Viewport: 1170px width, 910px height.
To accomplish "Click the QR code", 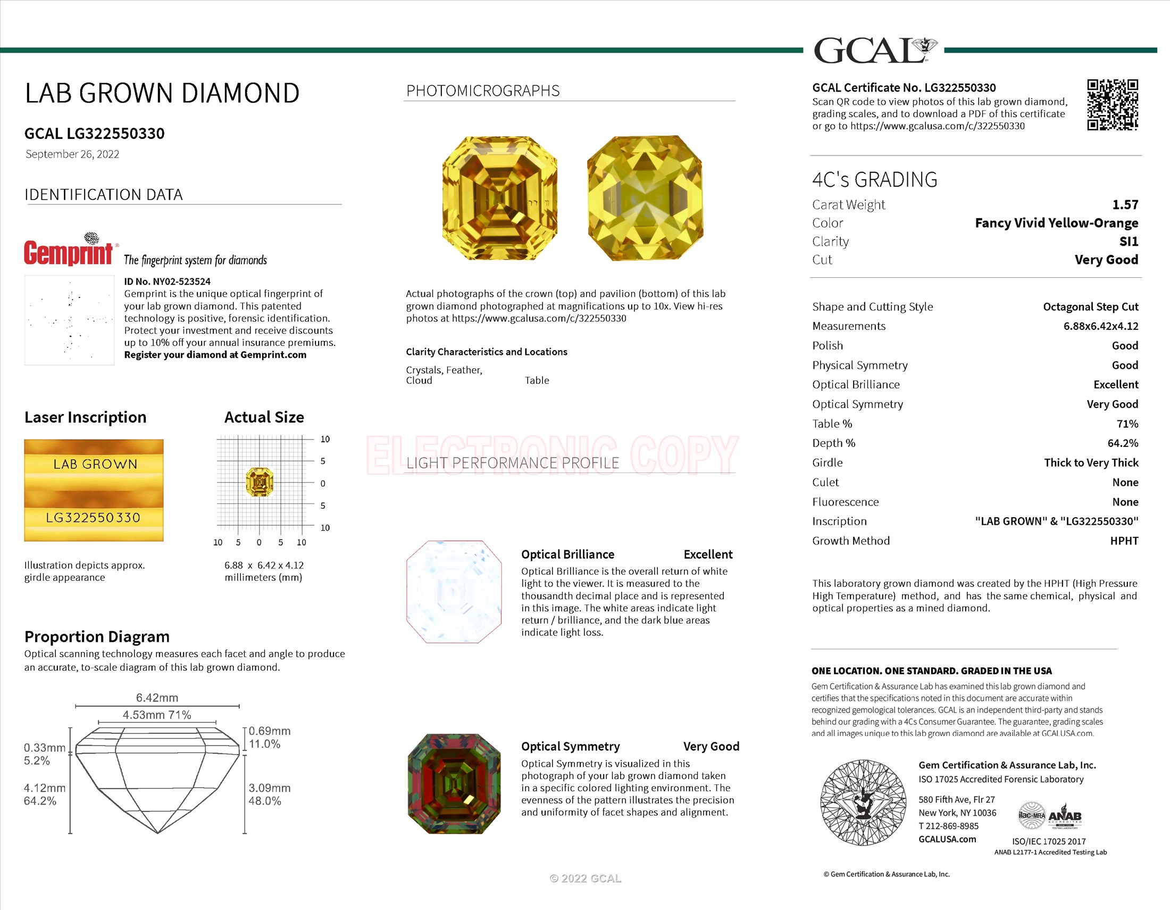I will coord(1112,104).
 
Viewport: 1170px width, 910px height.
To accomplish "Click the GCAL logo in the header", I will coord(874,51).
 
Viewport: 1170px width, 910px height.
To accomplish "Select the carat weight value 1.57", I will coord(1124,205).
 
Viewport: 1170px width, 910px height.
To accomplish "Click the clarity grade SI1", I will coord(1128,241).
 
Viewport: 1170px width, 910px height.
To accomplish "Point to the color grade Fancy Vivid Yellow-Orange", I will coord(1056,223).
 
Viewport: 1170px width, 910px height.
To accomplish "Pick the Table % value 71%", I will coord(1127,424).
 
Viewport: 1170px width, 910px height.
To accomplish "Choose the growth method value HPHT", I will coord(1124,541).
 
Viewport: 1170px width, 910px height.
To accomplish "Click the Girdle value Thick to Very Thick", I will coord(1091,462).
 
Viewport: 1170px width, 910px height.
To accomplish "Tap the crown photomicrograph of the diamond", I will coord(500,198).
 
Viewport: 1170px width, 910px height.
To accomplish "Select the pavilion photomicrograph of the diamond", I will coord(645,198).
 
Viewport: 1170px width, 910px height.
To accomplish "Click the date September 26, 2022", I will coord(72,154).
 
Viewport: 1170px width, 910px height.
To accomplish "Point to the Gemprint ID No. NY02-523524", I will coord(167,282).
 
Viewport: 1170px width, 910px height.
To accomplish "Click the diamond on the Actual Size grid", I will coord(260,482).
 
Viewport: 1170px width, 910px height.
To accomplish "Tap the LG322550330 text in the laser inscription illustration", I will coord(93,518).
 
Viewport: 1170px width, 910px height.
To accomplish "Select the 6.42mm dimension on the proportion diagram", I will coord(157,698).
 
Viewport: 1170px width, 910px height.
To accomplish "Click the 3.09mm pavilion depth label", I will coord(270,788).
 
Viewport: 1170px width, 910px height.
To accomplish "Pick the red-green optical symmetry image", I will coord(454,783).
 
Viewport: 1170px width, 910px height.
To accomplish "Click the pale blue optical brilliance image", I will coord(454,591).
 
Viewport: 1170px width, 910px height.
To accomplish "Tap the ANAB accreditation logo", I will coord(1065,816).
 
